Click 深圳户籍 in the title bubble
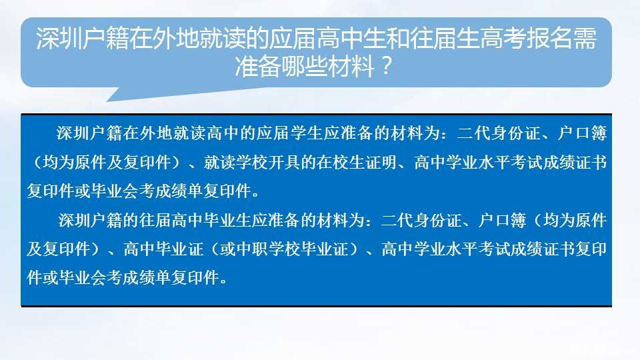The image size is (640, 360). (x=83, y=39)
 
